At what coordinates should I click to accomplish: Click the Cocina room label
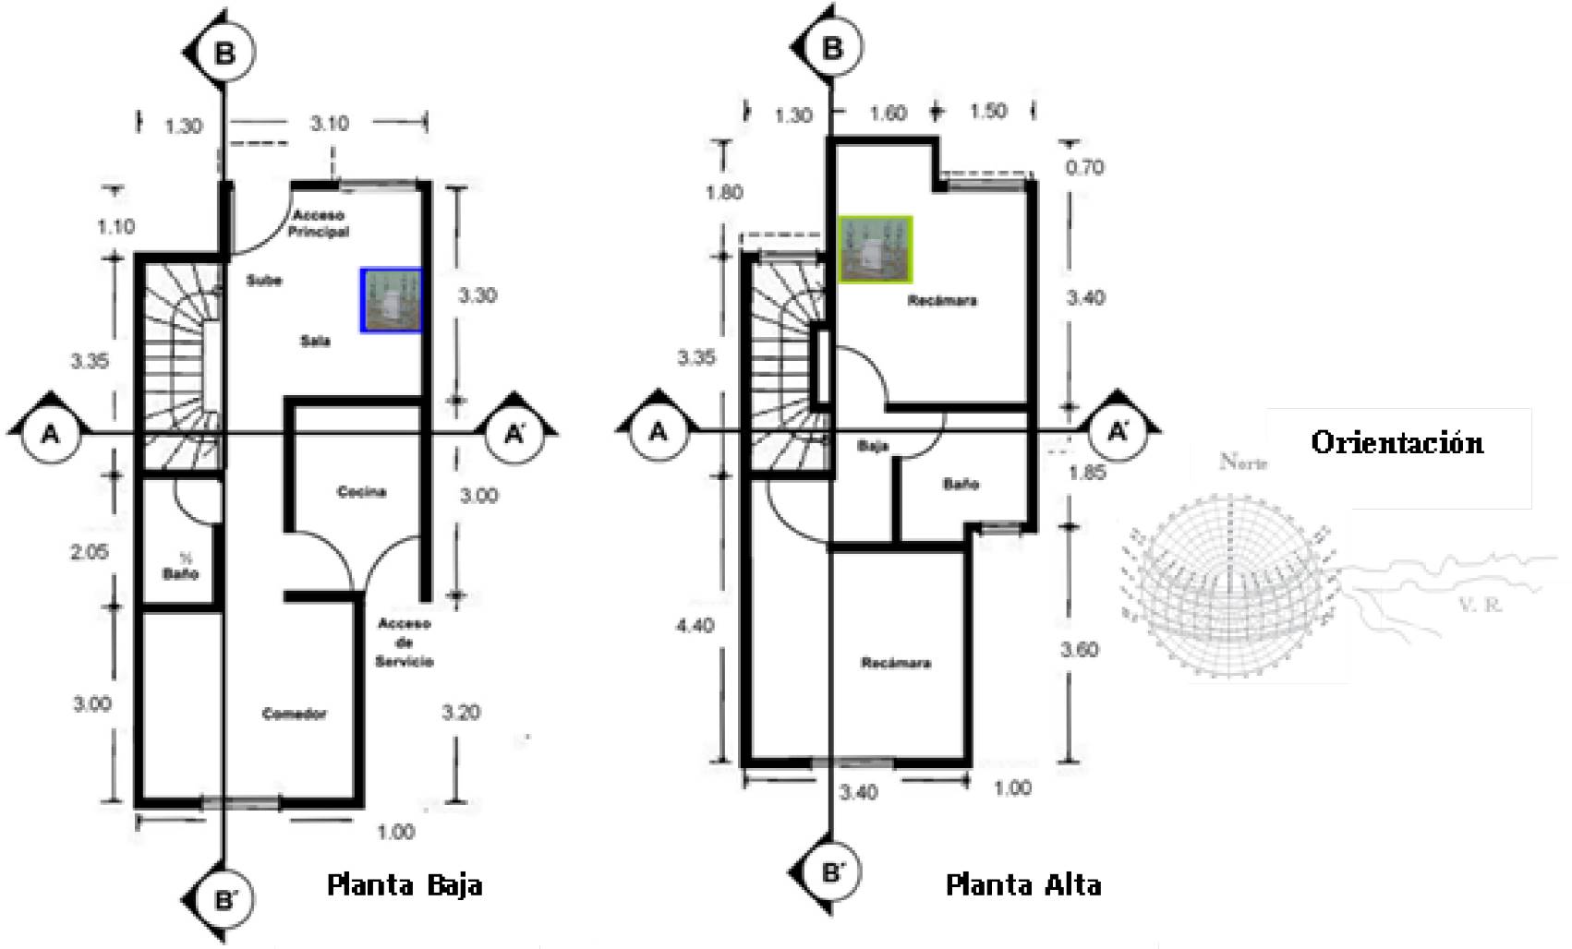click(361, 492)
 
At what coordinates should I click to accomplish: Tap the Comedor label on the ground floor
click(294, 714)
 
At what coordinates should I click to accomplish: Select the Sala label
click(315, 341)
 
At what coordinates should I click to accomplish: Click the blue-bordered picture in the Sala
click(392, 300)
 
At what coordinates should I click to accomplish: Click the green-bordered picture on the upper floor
click(875, 249)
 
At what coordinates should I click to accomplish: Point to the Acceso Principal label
click(318, 223)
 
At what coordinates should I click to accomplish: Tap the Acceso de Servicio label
click(405, 643)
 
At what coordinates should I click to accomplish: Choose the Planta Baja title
click(405, 885)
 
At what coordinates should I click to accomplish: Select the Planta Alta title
click(1023, 885)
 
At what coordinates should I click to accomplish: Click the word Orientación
click(1397, 442)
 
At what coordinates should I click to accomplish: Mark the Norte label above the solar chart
click(1243, 462)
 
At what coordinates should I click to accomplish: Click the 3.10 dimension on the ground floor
click(329, 124)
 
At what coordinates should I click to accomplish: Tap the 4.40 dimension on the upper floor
click(695, 625)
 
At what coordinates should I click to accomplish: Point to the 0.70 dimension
click(1084, 167)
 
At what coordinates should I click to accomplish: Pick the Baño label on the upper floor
click(961, 484)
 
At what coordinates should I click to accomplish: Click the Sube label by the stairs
click(264, 280)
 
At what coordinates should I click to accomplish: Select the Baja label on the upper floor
click(873, 446)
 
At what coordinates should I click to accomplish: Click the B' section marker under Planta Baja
click(224, 899)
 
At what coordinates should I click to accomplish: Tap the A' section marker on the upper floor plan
click(1118, 431)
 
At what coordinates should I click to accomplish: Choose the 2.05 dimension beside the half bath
click(90, 552)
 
